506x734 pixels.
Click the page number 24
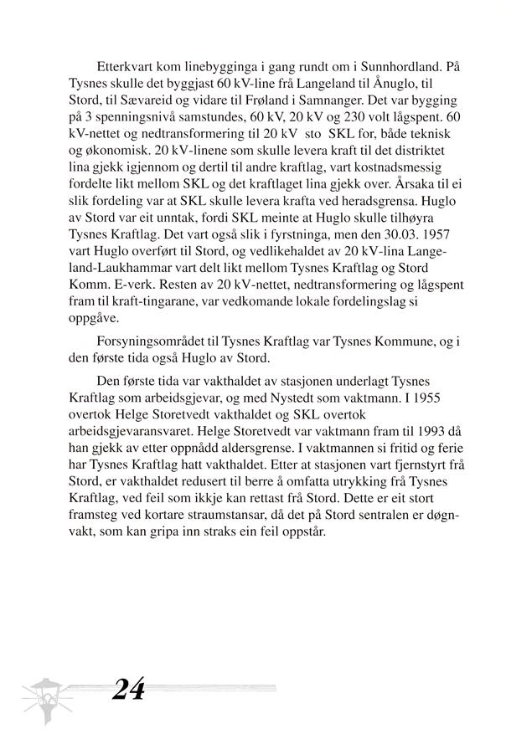(127, 690)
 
